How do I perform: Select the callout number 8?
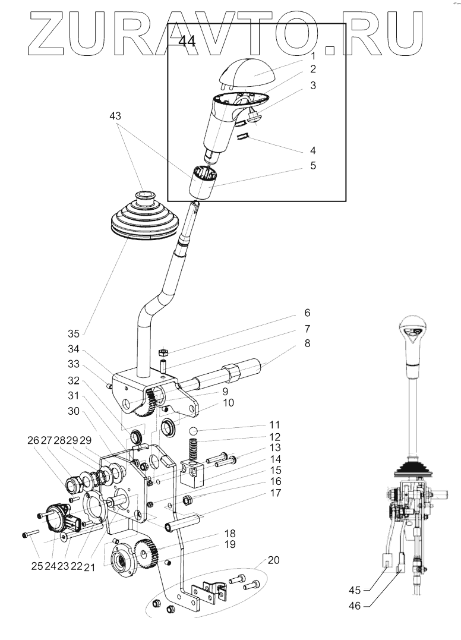[307, 343]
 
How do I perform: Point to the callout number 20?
[274, 560]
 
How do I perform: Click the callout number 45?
[355, 591]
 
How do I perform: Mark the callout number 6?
[307, 313]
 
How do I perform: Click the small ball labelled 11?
[192, 431]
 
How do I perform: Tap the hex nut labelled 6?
[164, 353]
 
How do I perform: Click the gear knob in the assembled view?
[412, 333]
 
